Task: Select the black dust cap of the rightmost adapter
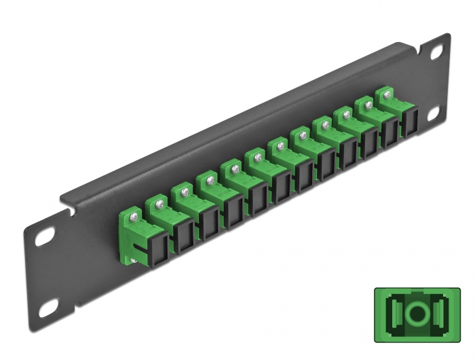[410, 124]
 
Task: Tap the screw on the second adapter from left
[159, 202]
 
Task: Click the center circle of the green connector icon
[417, 317]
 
